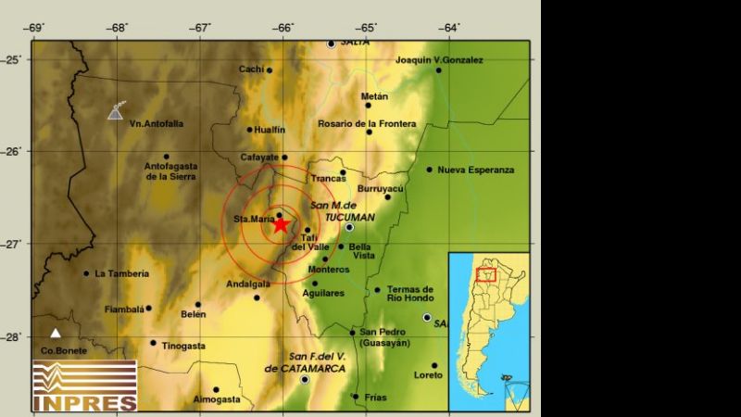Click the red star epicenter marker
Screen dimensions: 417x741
pyautogui.click(x=281, y=224)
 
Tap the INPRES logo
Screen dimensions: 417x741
pyautogui.click(x=84, y=385)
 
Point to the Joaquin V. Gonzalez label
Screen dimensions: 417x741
pyautogui.click(x=439, y=60)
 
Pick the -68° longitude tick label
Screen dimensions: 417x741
pyautogui.click(x=117, y=28)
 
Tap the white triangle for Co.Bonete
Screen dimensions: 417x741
pyautogui.click(x=57, y=333)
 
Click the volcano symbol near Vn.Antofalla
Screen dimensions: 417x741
pyautogui.click(x=115, y=111)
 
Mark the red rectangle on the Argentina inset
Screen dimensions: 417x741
pyautogui.click(x=486, y=274)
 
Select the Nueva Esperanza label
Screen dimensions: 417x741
pyautogui.click(x=475, y=170)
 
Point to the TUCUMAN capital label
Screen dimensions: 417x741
pyautogui.click(x=349, y=217)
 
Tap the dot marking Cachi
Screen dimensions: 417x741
pyautogui.click(x=270, y=69)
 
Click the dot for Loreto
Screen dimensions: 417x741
pyautogui.click(x=433, y=365)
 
